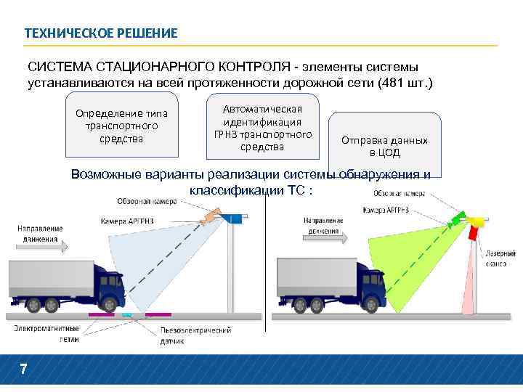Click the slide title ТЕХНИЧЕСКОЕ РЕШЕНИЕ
(x=100, y=33)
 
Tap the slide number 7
(x=23, y=369)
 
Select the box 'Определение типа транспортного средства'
(x=121, y=126)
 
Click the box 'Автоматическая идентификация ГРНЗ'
(x=262, y=128)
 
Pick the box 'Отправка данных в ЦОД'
(x=384, y=146)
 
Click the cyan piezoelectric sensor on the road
(x=127, y=315)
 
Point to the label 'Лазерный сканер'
(x=501, y=258)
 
